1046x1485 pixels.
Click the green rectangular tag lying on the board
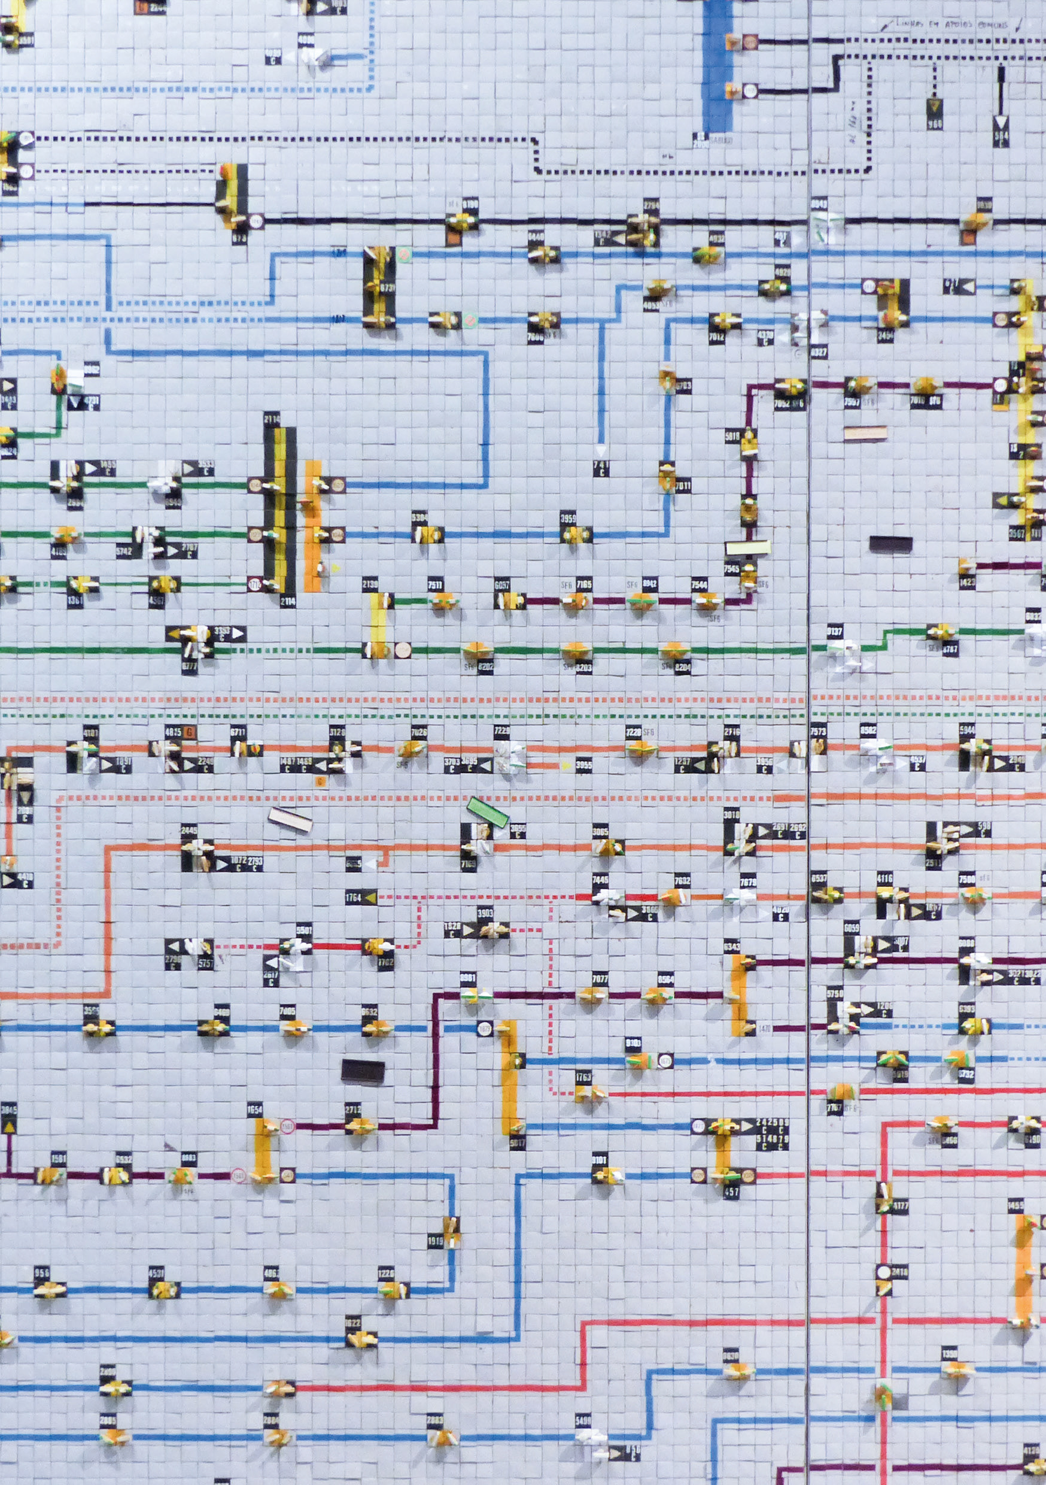pos(488,812)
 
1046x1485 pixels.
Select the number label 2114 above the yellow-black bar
pos(272,419)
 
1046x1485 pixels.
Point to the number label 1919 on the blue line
pos(435,1241)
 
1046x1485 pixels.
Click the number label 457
pos(731,1192)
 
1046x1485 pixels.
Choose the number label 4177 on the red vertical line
pos(899,1205)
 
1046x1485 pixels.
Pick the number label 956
pos(42,1273)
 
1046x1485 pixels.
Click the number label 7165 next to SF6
pos(584,584)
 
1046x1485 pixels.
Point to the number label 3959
pos(568,518)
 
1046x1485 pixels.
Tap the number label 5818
pos(732,437)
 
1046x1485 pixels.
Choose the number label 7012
pos(716,337)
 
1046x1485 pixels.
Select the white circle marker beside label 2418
pos(883,1272)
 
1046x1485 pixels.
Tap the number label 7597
pos(852,402)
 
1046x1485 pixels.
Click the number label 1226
pos(386,1273)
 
